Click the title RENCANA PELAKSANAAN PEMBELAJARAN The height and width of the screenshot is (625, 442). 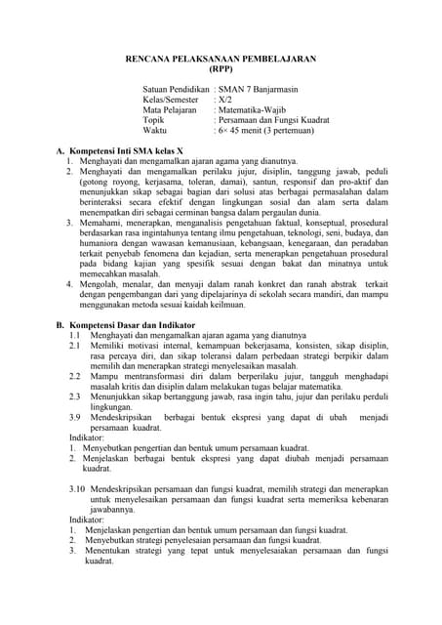point(221,59)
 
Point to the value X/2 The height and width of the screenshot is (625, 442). point(224,100)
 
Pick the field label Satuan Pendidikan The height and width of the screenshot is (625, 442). point(176,89)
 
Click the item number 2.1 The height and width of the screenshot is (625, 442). point(74,346)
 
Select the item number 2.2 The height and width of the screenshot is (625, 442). point(74,376)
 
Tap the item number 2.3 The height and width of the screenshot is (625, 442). point(74,396)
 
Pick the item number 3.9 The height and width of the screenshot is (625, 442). point(74,417)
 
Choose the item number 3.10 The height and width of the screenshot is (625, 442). point(77,488)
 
